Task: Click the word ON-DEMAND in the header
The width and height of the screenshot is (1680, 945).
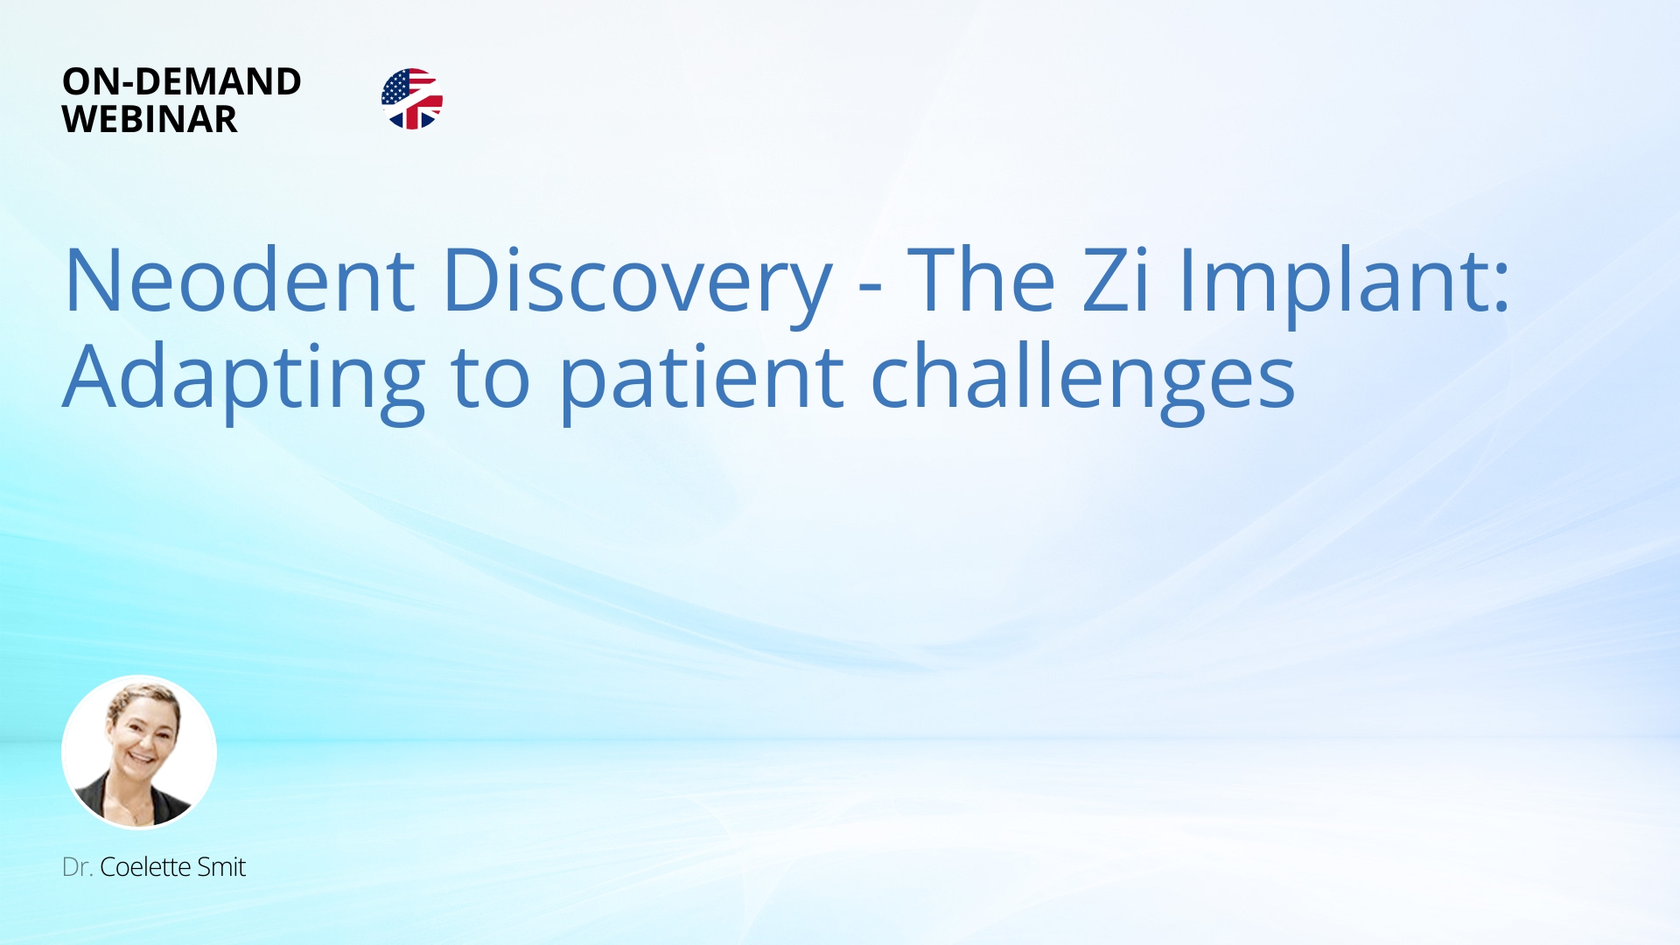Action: pos(181,81)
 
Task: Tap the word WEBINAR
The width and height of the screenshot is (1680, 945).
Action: pos(149,120)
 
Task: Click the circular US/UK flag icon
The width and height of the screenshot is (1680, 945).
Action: pos(412,99)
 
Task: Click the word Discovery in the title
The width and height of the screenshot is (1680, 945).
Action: pos(637,281)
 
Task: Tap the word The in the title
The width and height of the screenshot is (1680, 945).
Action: pos(981,281)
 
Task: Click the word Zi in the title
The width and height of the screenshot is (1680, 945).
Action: pos(1116,281)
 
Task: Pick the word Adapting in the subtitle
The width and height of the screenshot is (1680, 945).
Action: pos(244,379)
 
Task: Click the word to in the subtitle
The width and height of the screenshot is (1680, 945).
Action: pos(490,379)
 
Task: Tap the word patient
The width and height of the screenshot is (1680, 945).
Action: pos(701,379)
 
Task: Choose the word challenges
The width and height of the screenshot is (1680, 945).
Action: pos(1082,379)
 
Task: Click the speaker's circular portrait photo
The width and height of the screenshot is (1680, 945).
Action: pos(139,752)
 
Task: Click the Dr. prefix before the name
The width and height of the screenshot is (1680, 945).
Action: pos(77,867)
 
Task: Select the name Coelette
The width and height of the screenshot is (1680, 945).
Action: pos(145,867)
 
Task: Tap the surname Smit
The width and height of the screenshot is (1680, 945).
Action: pos(221,867)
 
